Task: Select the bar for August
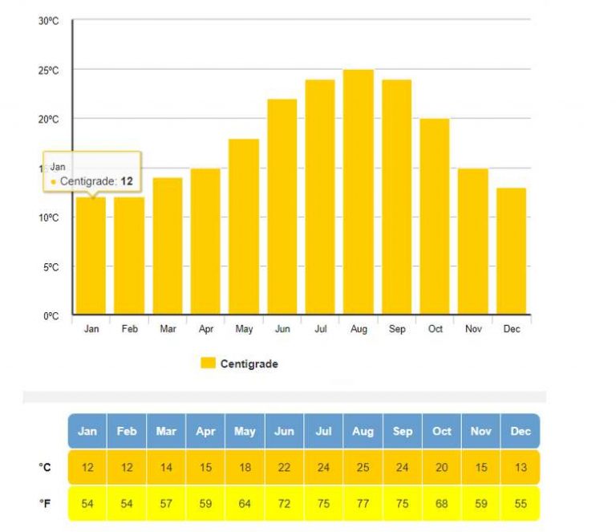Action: click(x=359, y=193)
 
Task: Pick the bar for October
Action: click(x=435, y=217)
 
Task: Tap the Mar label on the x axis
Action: click(x=168, y=329)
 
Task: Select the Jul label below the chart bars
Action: click(x=320, y=329)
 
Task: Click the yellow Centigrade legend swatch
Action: click(x=208, y=363)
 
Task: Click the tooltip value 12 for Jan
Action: click(x=126, y=181)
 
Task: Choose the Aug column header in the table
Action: click(x=363, y=431)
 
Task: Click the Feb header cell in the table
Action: click(x=127, y=431)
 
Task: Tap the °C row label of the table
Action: click(x=46, y=467)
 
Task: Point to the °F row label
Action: click(x=46, y=503)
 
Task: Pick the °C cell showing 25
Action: click(x=363, y=468)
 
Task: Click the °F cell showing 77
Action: click(x=363, y=503)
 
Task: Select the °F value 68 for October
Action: click(x=441, y=503)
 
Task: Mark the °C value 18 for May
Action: click(x=245, y=468)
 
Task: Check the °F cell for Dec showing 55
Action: click(x=521, y=503)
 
